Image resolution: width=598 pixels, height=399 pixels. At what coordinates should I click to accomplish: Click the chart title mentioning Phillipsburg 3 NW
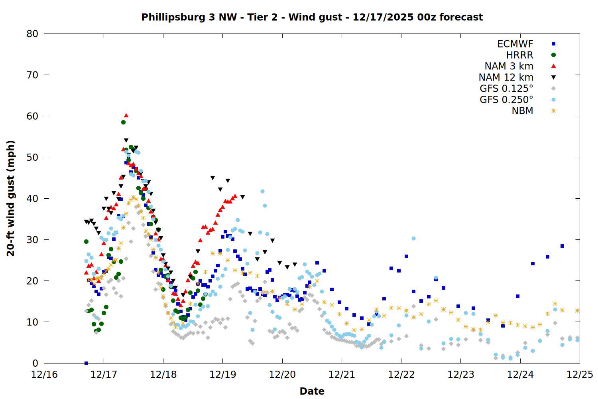pyautogui.click(x=312, y=17)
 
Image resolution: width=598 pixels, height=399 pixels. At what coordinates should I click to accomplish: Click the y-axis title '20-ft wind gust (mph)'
pyautogui.click(x=11, y=198)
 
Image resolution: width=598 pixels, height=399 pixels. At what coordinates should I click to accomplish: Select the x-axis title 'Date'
pyautogui.click(x=312, y=391)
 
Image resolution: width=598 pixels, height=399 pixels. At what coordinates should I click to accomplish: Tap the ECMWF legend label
pyautogui.click(x=515, y=44)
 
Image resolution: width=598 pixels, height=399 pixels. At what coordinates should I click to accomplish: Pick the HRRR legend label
pyautogui.click(x=519, y=55)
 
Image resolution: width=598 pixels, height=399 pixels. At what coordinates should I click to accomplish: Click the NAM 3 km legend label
pyautogui.click(x=509, y=66)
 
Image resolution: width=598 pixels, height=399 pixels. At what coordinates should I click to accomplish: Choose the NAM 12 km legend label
pyautogui.click(x=506, y=77)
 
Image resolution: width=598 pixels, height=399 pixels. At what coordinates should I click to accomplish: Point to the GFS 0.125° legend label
pyautogui.click(x=506, y=89)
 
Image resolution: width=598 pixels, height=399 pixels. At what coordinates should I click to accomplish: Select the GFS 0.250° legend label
pyautogui.click(x=506, y=100)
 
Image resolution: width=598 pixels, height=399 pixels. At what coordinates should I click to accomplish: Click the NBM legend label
pyautogui.click(x=522, y=111)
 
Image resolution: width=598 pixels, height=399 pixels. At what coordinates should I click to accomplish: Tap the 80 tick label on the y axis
pyautogui.click(x=32, y=34)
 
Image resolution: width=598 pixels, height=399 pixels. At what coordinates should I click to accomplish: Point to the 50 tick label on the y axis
pyautogui.click(x=32, y=157)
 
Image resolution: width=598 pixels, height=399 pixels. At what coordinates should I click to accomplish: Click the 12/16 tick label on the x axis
pyautogui.click(x=44, y=375)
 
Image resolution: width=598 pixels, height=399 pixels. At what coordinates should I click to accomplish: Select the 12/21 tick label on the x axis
pyautogui.click(x=342, y=375)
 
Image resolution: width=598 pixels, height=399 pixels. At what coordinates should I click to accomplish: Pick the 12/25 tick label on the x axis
pyautogui.click(x=580, y=375)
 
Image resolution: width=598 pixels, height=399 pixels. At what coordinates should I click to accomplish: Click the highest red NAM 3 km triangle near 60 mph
pyautogui.click(x=126, y=115)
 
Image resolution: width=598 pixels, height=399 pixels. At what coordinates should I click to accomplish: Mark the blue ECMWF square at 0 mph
pyautogui.click(x=86, y=363)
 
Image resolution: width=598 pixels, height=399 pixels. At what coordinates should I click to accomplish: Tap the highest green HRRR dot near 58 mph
pyautogui.click(x=124, y=122)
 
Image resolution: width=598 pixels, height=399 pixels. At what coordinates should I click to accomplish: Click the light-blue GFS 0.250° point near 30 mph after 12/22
pyautogui.click(x=413, y=239)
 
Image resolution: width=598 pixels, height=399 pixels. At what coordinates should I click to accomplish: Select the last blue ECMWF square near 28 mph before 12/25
pyautogui.click(x=562, y=246)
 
